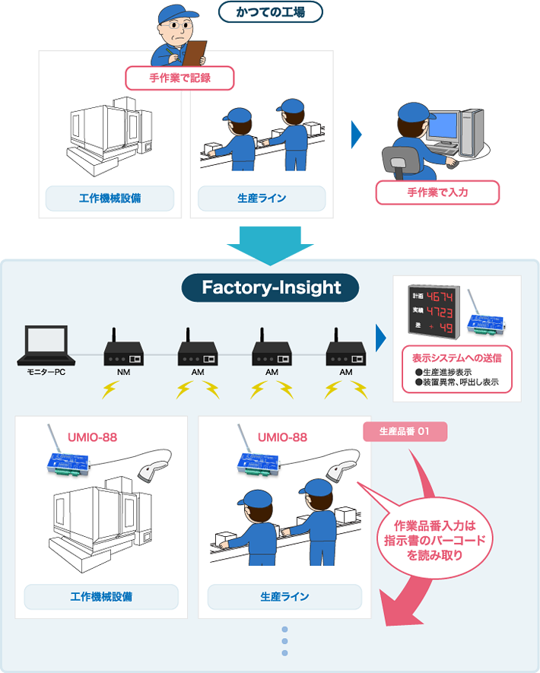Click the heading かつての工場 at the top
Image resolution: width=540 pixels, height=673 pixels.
(x=270, y=11)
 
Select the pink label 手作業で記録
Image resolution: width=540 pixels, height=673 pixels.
(x=179, y=78)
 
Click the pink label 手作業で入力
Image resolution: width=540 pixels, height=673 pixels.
(x=437, y=192)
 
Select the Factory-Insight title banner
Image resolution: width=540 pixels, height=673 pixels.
(x=270, y=288)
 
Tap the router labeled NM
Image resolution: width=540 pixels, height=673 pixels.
(x=123, y=351)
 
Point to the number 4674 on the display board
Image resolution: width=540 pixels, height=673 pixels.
(x=439, y=295)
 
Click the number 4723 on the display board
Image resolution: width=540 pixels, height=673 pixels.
(x=439, y=312)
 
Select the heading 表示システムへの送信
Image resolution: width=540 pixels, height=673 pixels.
(x=456, y=357)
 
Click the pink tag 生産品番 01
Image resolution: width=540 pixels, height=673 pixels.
(x=405, y=432)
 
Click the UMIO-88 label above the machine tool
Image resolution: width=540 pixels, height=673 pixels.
(x=91, y=436)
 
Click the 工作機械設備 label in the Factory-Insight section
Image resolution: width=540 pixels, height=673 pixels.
(x=101, y=597)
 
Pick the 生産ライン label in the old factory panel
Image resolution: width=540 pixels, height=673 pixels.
(x=262, y=198)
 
